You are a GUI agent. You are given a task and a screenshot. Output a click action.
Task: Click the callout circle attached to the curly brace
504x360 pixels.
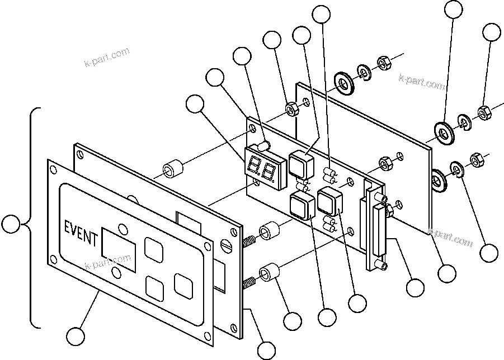coord(11,225)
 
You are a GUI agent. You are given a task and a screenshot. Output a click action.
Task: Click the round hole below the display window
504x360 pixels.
coord(116,272)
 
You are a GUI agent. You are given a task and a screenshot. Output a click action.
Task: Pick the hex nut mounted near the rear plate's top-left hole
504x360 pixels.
coord(291,108)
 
